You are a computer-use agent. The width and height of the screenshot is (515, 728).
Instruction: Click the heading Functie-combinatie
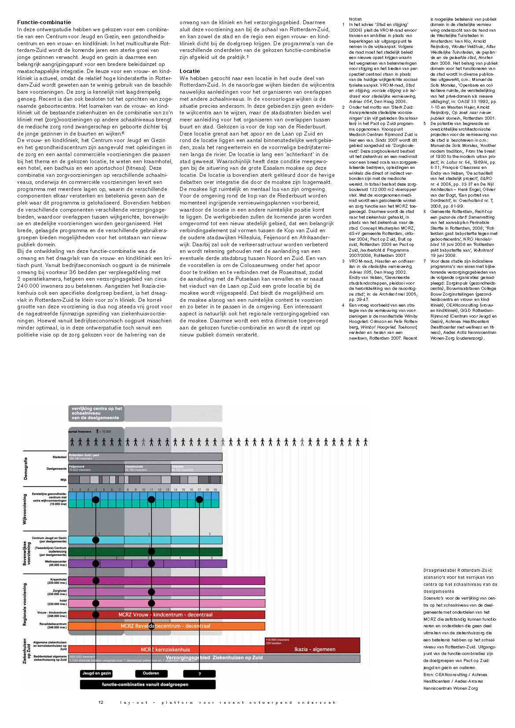tap(44, 22)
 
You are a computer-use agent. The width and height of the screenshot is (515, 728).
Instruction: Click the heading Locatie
tap(189, 71)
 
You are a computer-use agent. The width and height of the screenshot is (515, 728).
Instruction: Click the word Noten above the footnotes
tap(355, 19)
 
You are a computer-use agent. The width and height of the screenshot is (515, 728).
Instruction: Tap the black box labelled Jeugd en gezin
tap(96, 673)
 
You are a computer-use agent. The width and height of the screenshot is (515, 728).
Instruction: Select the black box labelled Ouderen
tap(151, 673)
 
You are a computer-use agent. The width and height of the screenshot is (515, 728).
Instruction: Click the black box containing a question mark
tap(199, 674)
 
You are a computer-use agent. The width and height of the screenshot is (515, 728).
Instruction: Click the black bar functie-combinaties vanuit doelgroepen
tap(147, 684)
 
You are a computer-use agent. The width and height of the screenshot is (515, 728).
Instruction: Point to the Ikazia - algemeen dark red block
tap(314, 649)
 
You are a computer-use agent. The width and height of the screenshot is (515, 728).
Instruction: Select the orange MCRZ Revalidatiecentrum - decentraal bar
tap(166, 626)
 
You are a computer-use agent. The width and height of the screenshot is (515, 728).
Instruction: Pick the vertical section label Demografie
tap(26, 468)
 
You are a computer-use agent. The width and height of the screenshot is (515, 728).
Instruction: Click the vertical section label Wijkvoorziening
tap(25, 509)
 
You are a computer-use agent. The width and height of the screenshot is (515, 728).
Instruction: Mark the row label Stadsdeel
tap(59, 457)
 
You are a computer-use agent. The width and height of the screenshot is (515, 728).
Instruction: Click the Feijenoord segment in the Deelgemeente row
tap(96, 468)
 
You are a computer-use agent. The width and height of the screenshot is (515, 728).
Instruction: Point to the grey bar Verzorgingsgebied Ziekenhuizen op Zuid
tap(214, 658)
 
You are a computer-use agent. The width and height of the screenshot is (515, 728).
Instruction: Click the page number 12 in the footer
tap(101, 702)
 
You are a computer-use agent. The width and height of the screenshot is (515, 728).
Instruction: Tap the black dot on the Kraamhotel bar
tap(96, 581)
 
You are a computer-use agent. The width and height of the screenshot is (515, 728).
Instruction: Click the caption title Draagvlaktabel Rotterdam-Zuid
tap(458, 571)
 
